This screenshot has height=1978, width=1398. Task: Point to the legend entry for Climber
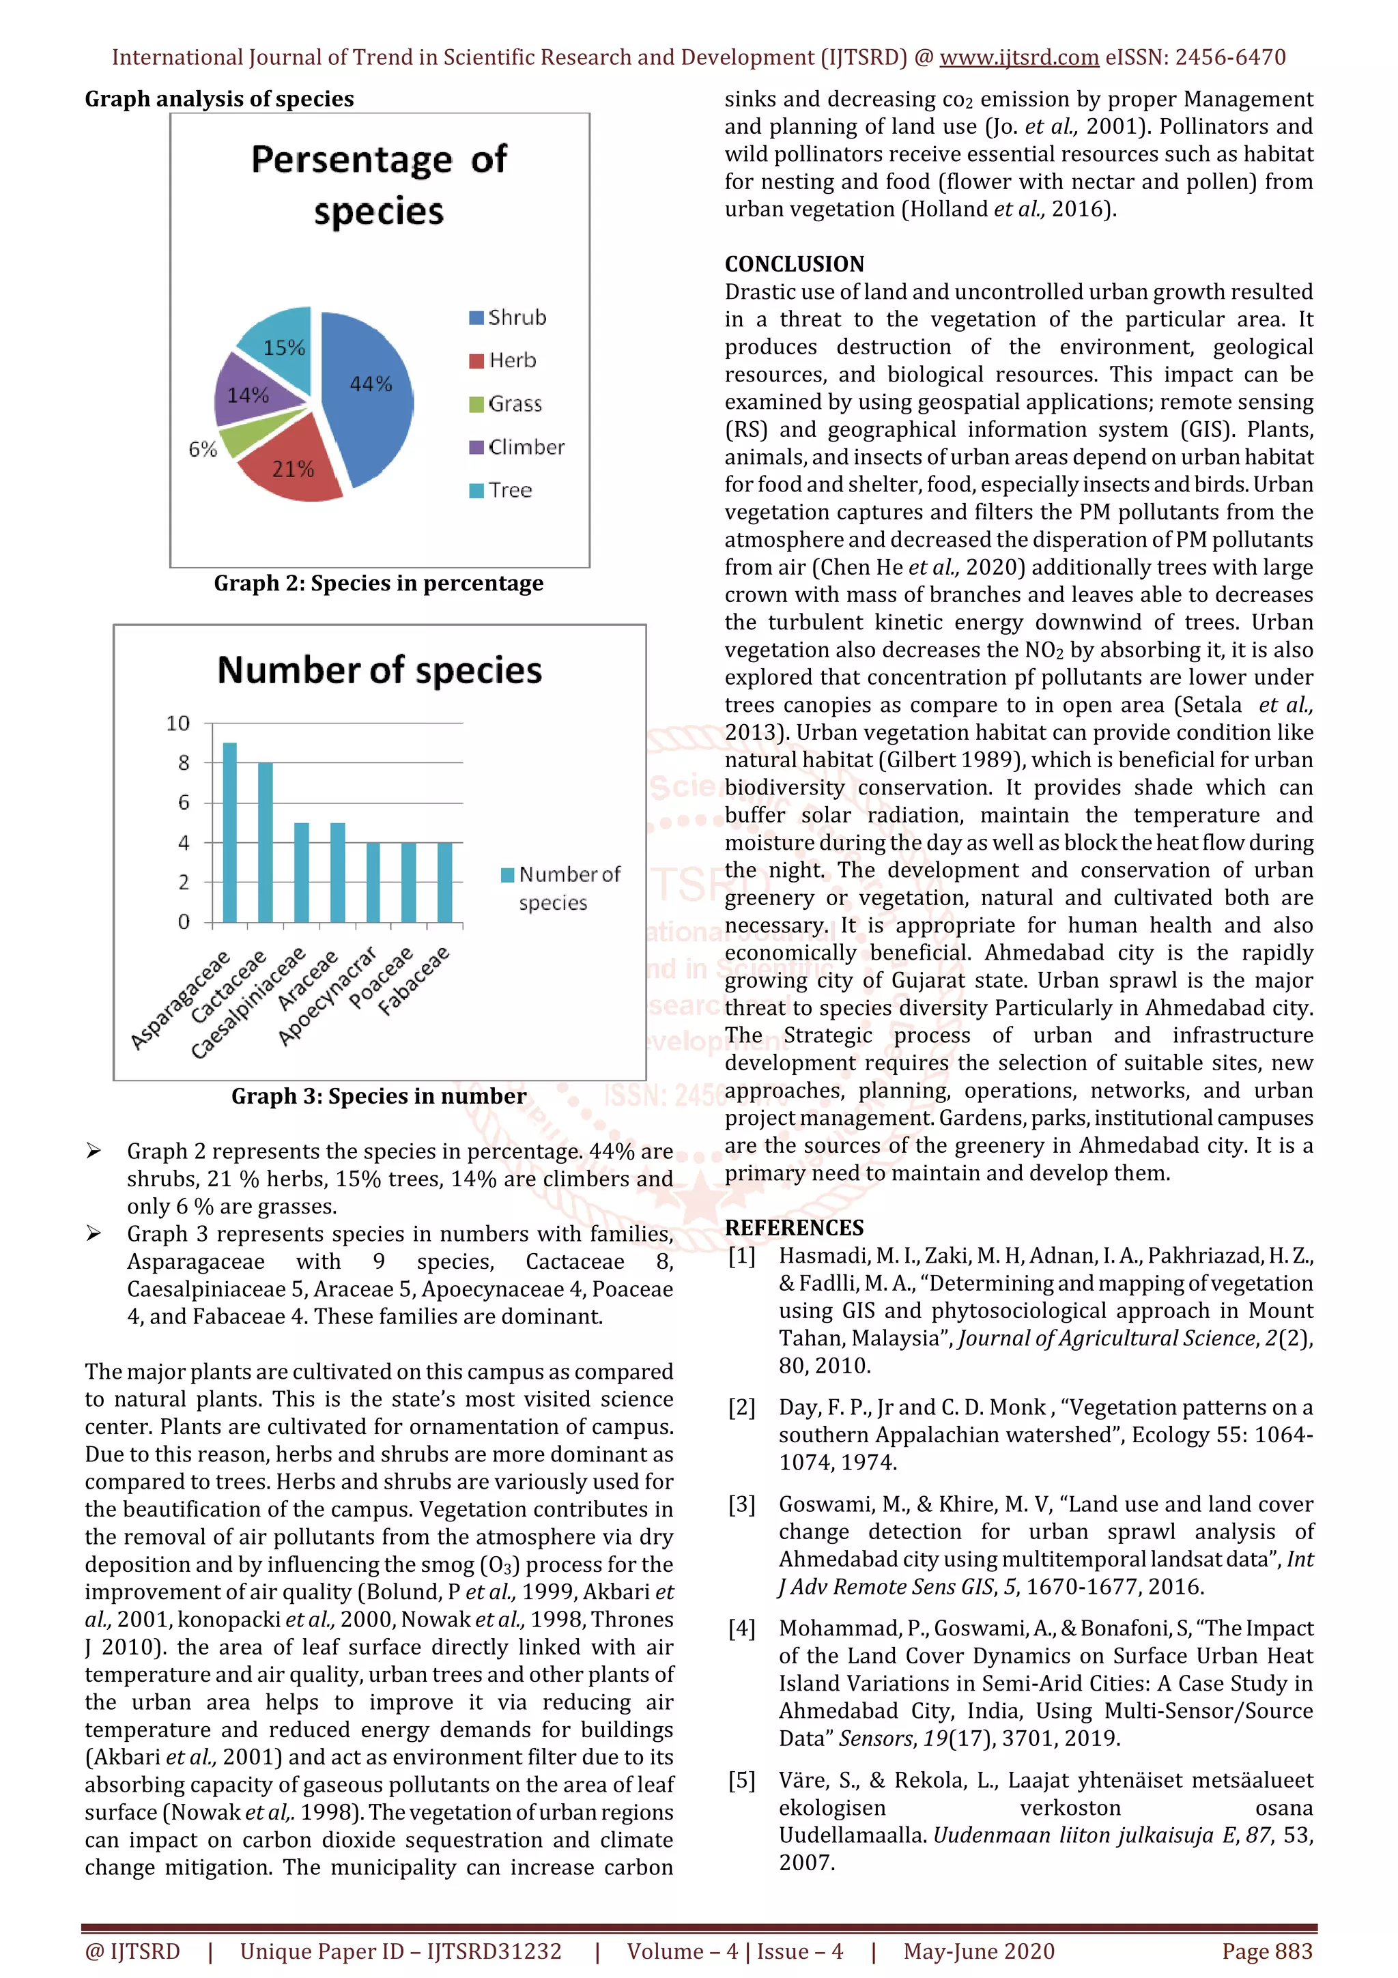coord(517,447)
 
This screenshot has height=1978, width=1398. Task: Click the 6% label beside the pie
coord(203,449)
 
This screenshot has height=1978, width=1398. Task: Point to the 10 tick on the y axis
coord(178,723)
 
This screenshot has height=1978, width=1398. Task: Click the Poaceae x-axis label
coord(382,977)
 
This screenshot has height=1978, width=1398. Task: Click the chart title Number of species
coord(379,670)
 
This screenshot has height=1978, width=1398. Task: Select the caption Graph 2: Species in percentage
coord(378,584)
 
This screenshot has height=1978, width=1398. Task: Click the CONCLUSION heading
coord(794,263)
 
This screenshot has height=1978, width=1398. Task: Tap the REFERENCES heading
coord(794,1228)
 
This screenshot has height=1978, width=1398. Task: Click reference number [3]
coord(741,1504)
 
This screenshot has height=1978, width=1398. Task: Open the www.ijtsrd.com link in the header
coord(1019,58)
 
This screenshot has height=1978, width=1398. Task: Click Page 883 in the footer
coord(1267,1951)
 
